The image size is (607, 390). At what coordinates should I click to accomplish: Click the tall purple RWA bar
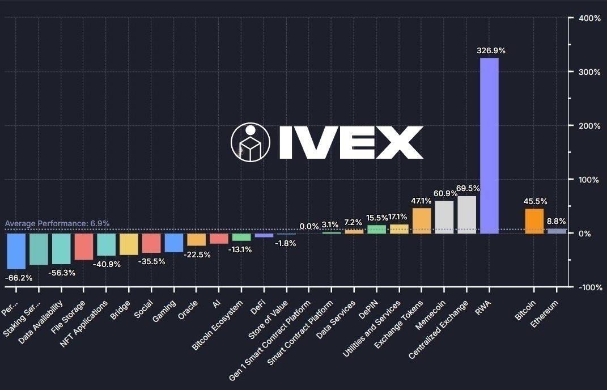[x=489, y=145]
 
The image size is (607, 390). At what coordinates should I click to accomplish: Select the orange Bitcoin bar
[x=534, y=221]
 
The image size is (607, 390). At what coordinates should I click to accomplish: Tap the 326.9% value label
[x=491, y=50]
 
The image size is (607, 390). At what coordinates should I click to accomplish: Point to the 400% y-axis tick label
[x=589, y=18]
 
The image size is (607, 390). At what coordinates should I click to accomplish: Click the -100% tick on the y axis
[x=589, y=287]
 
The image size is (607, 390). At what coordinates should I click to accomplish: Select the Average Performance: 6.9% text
[x=57, y=223]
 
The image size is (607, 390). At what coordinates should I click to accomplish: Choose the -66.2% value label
[x=18, y=278]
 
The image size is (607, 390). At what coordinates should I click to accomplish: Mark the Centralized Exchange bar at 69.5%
[x=466, y=215]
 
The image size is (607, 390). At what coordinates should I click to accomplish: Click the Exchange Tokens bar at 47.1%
[x=422, y=221]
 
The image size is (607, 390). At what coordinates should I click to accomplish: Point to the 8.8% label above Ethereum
[x=556, y=222]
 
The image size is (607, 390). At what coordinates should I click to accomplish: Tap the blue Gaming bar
[x=174, y=243]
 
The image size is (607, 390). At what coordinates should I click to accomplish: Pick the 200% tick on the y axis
[x=589, y=126]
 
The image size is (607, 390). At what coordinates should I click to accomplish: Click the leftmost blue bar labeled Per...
[x=16, y=251]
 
